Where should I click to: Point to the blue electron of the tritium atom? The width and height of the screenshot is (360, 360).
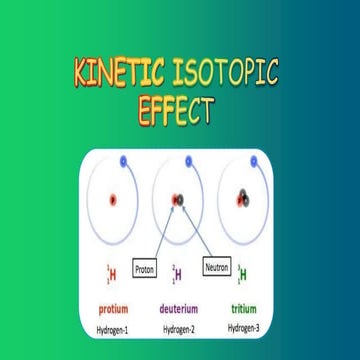257,160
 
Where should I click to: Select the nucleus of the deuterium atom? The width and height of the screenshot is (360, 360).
179,199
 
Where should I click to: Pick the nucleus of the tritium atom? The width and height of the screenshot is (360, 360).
245,199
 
